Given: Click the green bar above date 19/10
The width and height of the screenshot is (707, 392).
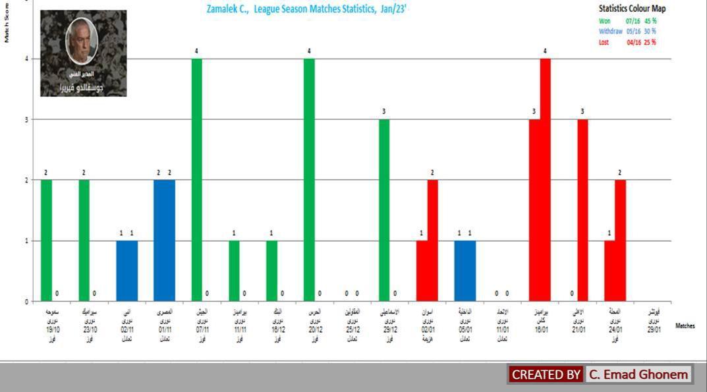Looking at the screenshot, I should pos(46,240).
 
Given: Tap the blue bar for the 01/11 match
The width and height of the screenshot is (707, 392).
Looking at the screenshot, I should pos(164,240).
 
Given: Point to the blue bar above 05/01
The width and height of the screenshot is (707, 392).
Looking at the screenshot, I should pos(465,271).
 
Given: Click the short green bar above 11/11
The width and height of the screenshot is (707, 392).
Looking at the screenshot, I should pos(234,271).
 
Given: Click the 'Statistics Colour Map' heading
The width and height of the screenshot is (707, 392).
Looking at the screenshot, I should pos(632,9).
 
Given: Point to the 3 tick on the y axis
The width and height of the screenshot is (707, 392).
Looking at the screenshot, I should pos(27,119).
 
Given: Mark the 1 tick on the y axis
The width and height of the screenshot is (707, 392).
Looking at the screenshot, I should pos(27,240).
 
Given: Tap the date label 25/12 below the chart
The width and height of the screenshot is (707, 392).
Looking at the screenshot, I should pos(353,330).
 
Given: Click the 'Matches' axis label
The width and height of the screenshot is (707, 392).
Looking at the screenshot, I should pos(685,325).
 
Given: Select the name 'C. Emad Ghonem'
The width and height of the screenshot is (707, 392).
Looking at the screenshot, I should pos(638,374).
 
